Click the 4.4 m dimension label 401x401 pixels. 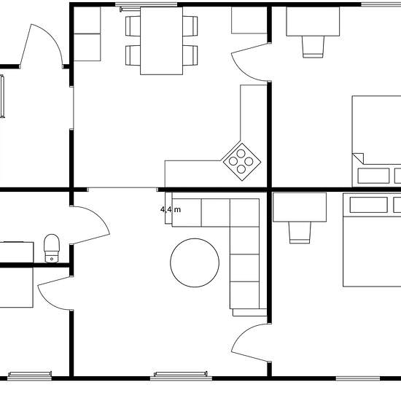[171, 210]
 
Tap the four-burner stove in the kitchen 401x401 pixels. [242, 162]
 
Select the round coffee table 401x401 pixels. [195, 262]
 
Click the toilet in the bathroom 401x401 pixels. [52, 249]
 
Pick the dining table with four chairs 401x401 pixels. [161, 41]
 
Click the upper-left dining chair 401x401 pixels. [133, 26]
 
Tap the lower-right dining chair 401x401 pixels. [190, 55]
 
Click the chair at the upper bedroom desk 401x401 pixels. [313, 47]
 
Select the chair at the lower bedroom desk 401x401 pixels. [300, 233]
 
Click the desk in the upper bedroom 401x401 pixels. [313, 21]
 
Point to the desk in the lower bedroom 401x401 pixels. [300, 207]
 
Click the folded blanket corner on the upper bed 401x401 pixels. [358, 158]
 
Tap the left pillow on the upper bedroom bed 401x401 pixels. [373, 176]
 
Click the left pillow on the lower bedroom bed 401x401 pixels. [368, 205]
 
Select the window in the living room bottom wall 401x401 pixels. [181, 376]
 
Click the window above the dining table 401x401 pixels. [146, 4]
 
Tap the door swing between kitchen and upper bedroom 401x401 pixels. [251, 63]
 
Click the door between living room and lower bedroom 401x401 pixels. [251, 343]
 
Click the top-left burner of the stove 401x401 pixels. [241, 153]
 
